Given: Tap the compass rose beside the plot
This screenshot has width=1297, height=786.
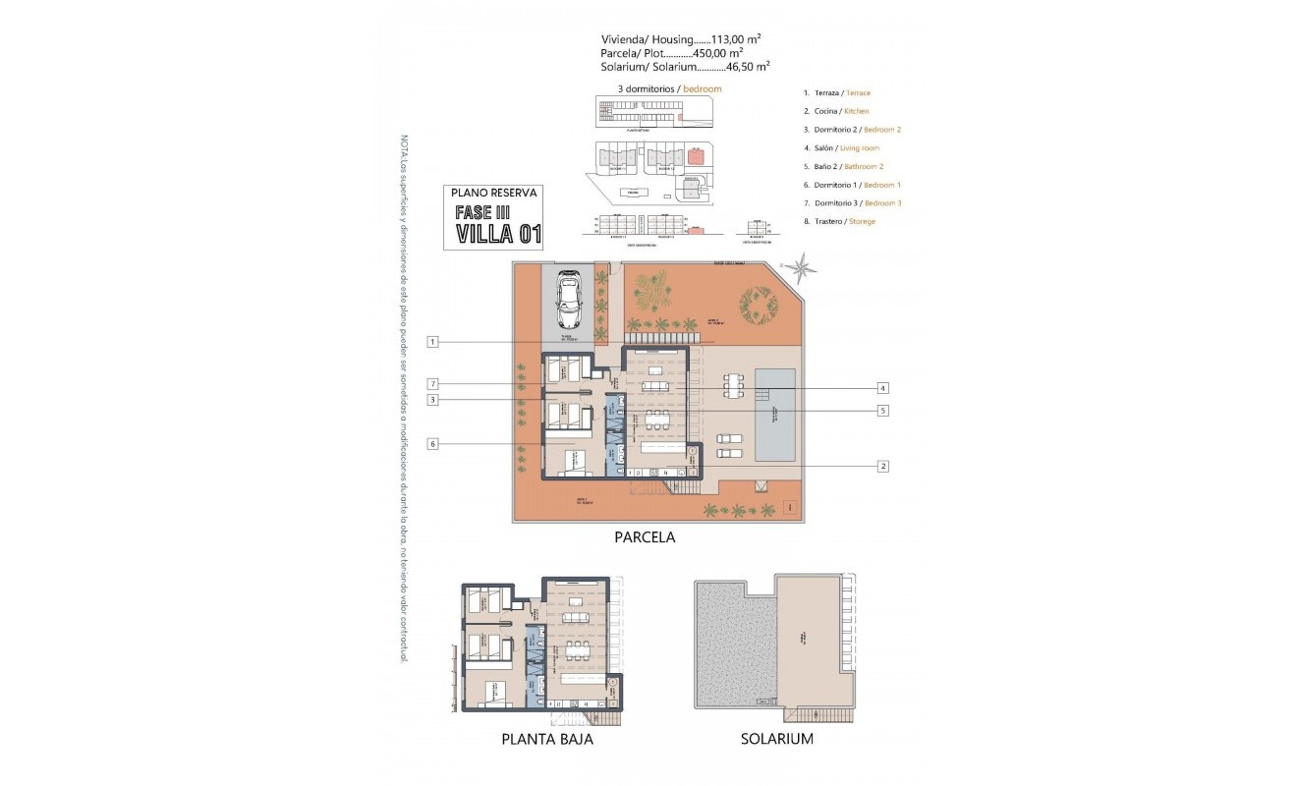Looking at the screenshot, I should [x=804, y=265].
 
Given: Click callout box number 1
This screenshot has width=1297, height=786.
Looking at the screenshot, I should [x=432, y=342].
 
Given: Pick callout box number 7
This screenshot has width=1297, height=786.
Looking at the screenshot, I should [x=432, y=383].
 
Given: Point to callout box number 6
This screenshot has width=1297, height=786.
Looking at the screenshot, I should [x=432, y=444].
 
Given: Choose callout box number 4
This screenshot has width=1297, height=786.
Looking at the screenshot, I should [x=883, y=387].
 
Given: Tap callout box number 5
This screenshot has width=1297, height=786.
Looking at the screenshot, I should [x=883, y=411].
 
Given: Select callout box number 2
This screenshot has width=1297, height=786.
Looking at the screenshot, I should [x=883, y=466].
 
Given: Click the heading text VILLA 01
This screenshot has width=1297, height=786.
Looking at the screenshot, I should [x=498, y=233].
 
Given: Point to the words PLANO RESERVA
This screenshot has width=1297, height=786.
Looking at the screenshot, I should [x=492, y=194].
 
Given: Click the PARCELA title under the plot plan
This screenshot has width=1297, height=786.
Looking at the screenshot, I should [x=645, y=537].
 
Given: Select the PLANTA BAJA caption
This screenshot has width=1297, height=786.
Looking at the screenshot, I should [x=546, y=739].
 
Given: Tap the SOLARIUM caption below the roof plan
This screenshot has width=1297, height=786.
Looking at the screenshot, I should [x=776, y=739].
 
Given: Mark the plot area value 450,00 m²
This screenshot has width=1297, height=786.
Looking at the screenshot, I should [x=714, y=53].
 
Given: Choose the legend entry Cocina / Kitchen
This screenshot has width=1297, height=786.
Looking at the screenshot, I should [x=836, y=111].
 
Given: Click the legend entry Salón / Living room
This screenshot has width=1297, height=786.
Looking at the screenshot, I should [x=841, y=147].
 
